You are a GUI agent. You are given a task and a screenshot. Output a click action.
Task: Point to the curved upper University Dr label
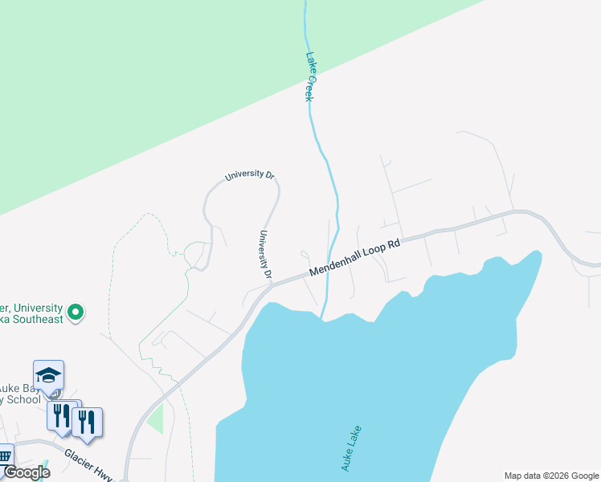(x=250, y=175)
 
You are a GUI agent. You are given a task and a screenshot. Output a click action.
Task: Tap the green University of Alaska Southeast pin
(x=76, y=311)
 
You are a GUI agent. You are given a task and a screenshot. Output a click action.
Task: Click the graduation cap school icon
(x=48, y=375)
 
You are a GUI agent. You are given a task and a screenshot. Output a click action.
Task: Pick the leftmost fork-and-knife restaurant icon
(x=60, y=416)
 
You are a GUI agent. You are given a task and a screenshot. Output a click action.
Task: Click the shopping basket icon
(x=4, y=457)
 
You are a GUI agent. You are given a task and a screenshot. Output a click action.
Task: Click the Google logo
(x=27, y=472)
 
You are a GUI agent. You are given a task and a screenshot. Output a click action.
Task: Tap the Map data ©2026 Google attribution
(x=551, y=476)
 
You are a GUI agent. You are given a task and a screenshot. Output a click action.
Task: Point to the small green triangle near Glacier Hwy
(x=155, y=419)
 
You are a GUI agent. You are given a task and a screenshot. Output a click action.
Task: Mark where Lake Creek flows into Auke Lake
(x=324, y=318)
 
